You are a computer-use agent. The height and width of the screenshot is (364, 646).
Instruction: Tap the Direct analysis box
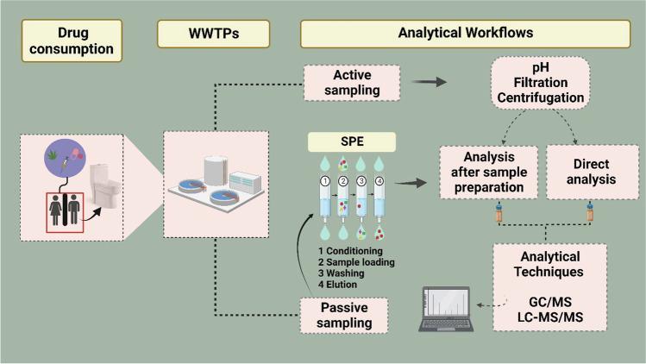click(x=587, y=172)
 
